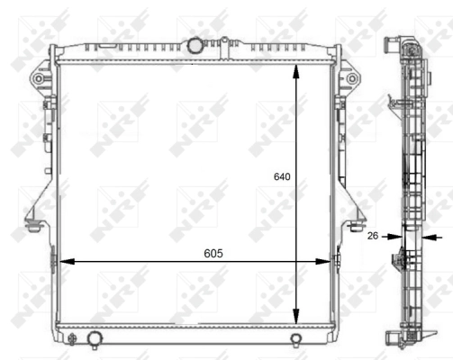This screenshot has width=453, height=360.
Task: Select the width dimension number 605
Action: pyautogui.click(x=212, y=253)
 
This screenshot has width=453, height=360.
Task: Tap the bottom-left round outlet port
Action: pyautogui.click(x=95, y=338)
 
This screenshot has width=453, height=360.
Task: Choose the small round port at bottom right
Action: pyautogui.click(x=296, y=339)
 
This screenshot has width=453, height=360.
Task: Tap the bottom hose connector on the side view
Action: pyautogui.click(x=394, y=338)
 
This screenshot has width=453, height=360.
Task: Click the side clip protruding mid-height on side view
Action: pyautogui.click(x=396, y=262)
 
